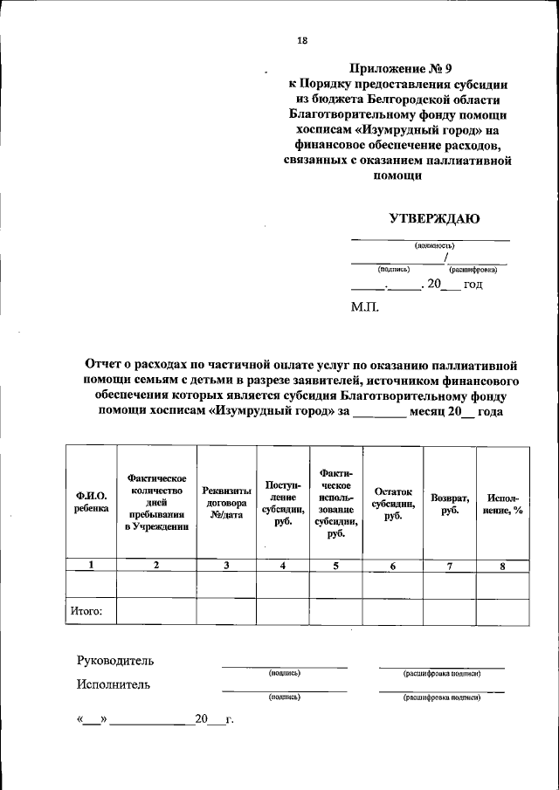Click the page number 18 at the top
pos(302,40)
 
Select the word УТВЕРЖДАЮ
pos(434,219)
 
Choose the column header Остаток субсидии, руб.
pos(392,504)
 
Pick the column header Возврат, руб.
pos(450,504)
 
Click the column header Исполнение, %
pos(502,504)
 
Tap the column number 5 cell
pos(335,566)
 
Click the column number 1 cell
pos(92,566)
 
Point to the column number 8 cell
pos(502,566)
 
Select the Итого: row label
pos(86,612)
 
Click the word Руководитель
pos(117,661)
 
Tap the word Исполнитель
pos(114,684)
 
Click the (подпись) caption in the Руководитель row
pos(285,674)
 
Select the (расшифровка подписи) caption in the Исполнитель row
pos(441,697)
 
